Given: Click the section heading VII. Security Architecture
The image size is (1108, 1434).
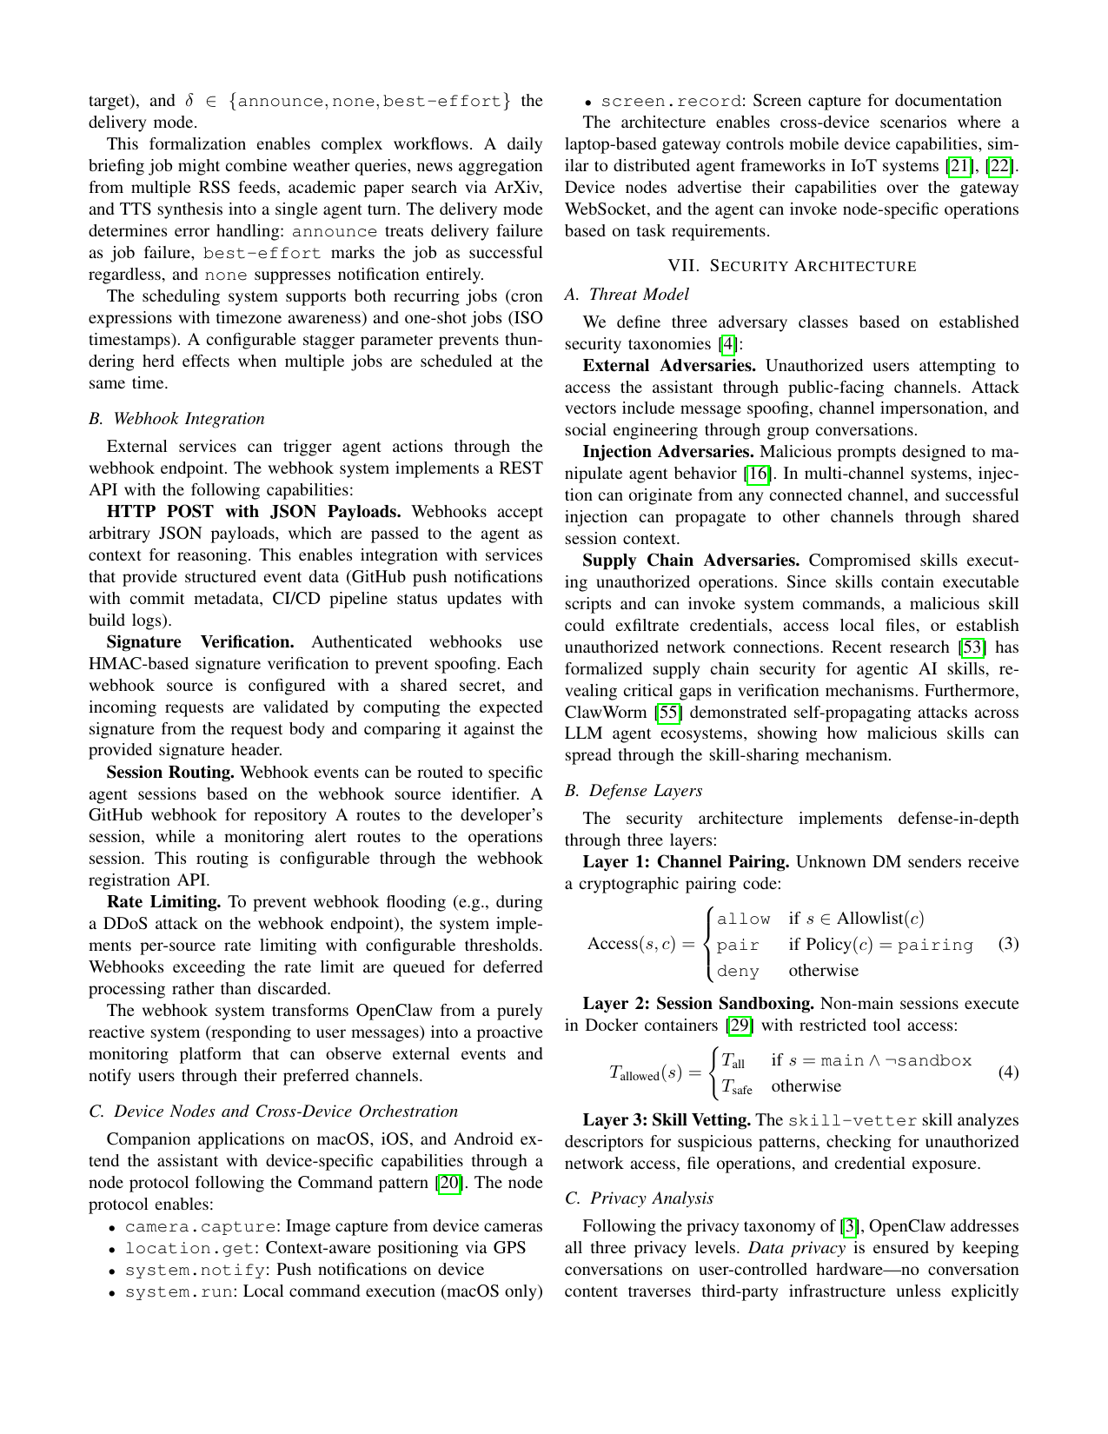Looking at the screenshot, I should pyautogui.click(x=792, y=266).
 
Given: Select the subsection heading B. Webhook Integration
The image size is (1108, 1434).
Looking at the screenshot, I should pyautogui.click(x=176, y=418).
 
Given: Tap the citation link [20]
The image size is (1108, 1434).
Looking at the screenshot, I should pyautogui.click(x=450, y=1182).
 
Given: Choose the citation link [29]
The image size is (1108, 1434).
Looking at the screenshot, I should pyautogui.click(x=740, y=1025).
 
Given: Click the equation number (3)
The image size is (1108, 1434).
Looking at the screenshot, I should pyautogui.click(x=1008, y=943).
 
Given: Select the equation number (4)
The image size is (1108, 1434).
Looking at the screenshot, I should pyautogui.click(x=1008, y=1071).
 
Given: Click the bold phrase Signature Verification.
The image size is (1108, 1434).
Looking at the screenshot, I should pyautogui.click(x=200, y=641).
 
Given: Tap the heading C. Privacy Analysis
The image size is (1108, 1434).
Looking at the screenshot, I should pyautogui.click(x=639, y=1198).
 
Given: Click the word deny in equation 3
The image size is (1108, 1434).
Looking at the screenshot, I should pyautogui.click(x=738, y=971).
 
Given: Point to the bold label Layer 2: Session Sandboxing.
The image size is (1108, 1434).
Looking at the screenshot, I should pyautogui.click(x=698, y=1003).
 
